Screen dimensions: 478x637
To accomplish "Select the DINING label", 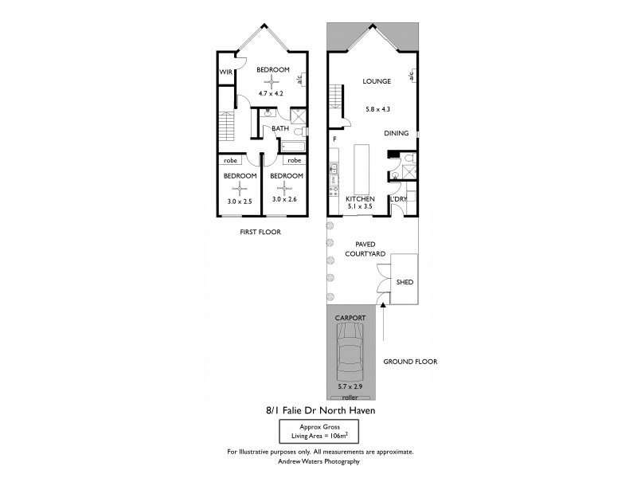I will (x=397, y=134).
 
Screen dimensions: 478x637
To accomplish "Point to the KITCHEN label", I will (x=360, y=198).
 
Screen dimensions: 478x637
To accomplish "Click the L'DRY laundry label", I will (x=398, y=198).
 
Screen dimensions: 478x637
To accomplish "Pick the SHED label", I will (x=405, y=282).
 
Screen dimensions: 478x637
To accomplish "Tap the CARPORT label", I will (x=351, y=317).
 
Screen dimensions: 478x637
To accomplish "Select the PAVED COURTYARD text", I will (x=365, y=249).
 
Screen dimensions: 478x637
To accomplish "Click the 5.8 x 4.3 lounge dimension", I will (x=377, y=108).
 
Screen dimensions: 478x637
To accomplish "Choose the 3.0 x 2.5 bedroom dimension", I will (x=240, y=202).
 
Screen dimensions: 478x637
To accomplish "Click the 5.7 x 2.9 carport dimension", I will (x=350, y=387).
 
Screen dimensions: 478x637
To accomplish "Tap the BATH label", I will (x=280, y=128).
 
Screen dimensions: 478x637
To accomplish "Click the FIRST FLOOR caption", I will (x=260, y=232).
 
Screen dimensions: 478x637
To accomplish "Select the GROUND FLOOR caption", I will (x=408, y=361).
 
